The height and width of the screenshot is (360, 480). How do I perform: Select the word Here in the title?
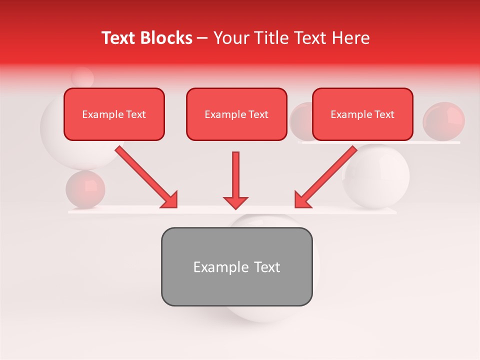pyautogui.click(x=352, y=38)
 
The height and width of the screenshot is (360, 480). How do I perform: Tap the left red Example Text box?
pyautogui.click(x=114, y=114)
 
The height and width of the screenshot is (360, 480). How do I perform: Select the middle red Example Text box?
pyautogui.click(x=236, y=114)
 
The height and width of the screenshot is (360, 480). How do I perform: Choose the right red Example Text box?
pyautogui.click(x=362, y=114)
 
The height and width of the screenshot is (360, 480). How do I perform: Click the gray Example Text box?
pyautogui.click(x=236, y=266)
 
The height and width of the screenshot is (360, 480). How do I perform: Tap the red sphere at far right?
pyautogui.click(x=443, y=120)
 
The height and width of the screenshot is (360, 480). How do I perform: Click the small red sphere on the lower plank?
pyautogui.click(x=85, y=189)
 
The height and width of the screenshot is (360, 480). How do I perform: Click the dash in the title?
pyautogui.click(x=202, y=38)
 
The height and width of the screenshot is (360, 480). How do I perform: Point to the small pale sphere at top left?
pyautogui.click(x=82, y=77)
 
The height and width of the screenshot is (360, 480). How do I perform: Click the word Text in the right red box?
pyautogui.click(x=384, y=114)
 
